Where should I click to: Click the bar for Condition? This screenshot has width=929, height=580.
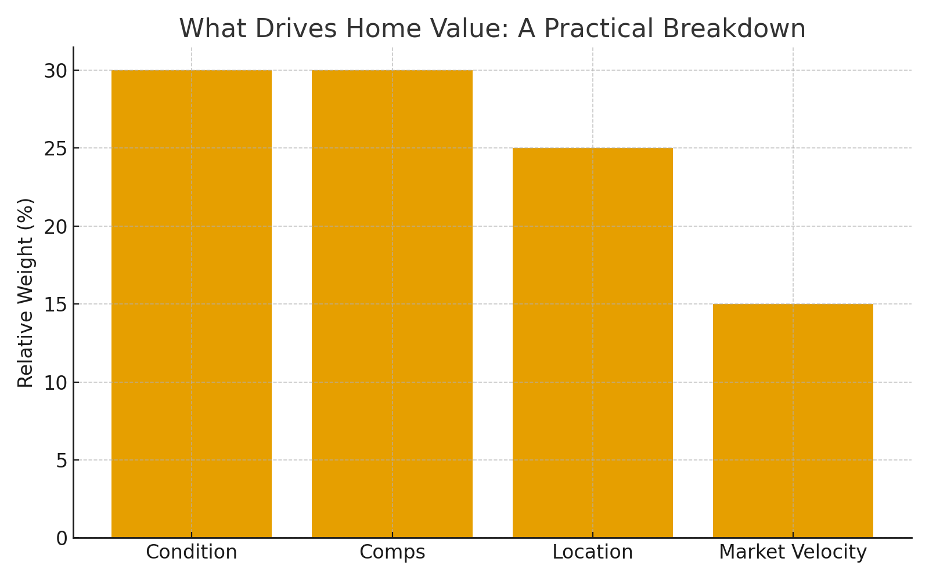(192, 304)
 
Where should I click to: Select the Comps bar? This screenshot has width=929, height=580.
(392, 304)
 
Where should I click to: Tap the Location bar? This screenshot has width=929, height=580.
(592, 343)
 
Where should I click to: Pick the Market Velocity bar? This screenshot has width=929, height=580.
(793, 420)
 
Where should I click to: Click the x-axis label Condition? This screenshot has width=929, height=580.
(192, 552)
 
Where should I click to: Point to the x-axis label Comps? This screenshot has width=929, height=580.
(392, 552)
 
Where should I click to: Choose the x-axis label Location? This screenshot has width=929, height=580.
(592, 552)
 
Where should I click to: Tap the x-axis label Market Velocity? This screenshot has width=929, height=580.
(793, 552)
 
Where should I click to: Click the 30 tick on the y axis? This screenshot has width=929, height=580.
(55, 71)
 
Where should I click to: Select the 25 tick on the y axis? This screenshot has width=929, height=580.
(55, 148)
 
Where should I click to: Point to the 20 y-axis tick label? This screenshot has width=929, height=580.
(55, 226)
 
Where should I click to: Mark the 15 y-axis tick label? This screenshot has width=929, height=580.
(55, 304)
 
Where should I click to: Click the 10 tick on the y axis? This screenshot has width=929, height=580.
(55, 382)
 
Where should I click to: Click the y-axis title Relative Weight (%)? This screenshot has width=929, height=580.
(26, 292)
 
